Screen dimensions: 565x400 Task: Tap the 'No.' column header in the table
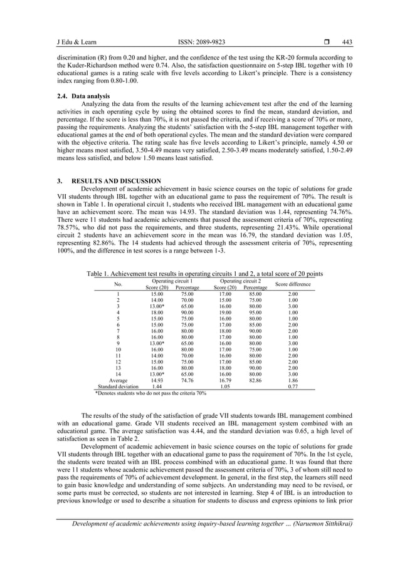click(118, 284)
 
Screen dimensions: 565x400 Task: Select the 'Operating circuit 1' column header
click(171, 281)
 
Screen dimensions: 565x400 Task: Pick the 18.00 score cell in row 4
click(157, 312)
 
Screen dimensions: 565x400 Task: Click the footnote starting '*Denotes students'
click(150, 393)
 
